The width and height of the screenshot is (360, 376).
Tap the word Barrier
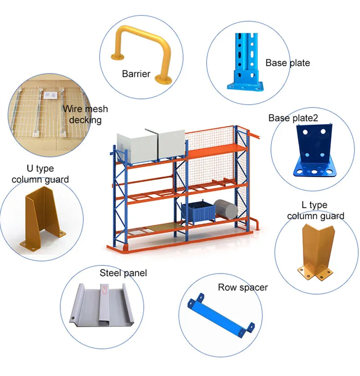136,74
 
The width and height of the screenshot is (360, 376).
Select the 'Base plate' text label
288,63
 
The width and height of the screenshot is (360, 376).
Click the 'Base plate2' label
293,118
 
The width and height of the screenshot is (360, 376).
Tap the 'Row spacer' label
243,287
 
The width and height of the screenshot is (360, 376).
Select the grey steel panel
102,304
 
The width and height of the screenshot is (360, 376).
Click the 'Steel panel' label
123,273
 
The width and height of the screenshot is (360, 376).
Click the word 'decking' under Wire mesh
85,120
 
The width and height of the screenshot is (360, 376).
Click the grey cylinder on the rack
225,209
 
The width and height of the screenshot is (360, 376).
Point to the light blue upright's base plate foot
245,86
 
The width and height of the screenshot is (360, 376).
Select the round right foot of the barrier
163,80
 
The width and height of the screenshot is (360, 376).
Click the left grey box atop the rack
136,148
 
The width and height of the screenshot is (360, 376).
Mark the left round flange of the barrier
117,57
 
